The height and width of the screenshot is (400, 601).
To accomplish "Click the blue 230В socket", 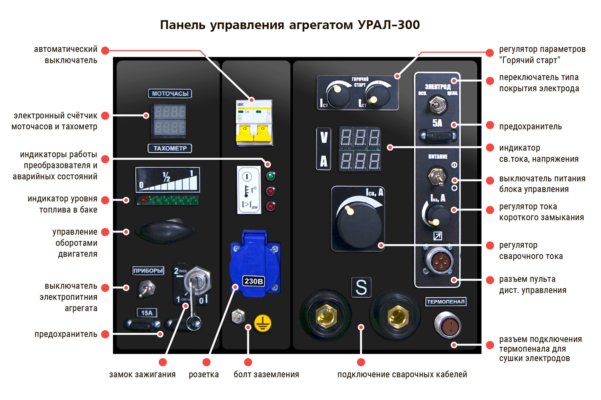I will click(254, 264).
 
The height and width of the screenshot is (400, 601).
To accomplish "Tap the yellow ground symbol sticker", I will click(263, 323).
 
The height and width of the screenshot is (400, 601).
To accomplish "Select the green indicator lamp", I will click(271, 176).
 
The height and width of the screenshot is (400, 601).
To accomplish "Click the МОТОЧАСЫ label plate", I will click(170, 94).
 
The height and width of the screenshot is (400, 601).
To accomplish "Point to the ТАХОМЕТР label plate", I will click(170, 148).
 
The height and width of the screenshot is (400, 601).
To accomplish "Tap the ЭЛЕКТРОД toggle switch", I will click(438, 105).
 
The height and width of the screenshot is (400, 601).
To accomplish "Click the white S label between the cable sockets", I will click(361, 287).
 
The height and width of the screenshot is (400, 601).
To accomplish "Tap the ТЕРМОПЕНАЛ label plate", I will click(446, 302).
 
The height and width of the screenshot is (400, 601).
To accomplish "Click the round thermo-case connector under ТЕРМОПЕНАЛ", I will click(448, 324).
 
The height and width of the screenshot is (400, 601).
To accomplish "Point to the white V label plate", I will click(324, 138).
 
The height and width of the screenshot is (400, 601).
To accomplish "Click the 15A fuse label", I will click(147, 313).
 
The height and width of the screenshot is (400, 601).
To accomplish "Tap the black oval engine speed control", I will click(165, 231).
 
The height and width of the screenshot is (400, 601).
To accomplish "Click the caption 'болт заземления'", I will click(266, 375).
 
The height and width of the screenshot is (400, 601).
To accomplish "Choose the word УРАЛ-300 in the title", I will click(388, 25).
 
